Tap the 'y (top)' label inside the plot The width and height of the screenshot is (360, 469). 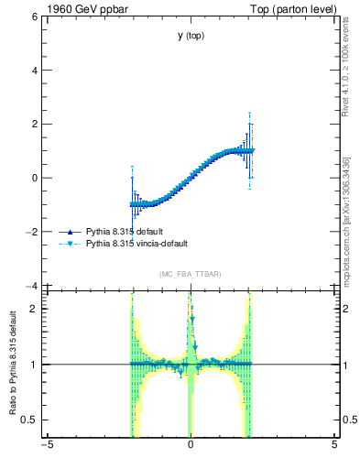[191, 36]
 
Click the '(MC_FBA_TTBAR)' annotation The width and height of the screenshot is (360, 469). [191, 275]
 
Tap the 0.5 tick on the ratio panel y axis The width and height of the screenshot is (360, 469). [28, 420]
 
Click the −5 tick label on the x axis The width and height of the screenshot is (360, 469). [46, 446]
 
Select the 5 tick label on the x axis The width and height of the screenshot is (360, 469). [334, 446]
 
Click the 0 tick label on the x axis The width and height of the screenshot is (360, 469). [191, 446]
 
